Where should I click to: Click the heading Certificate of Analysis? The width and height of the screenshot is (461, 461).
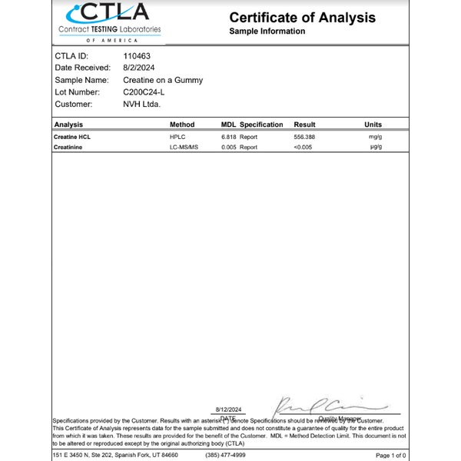point(302,17)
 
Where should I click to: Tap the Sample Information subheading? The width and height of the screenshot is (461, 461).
point(267,32)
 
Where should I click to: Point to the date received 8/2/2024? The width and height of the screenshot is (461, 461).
point(139,68)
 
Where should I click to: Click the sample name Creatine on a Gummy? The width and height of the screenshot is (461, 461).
point(163,80)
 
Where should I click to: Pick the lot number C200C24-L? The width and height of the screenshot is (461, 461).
point(144,91)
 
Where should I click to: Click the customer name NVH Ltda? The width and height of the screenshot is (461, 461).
point(141,104)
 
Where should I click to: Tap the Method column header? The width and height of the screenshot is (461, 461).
point(182,124)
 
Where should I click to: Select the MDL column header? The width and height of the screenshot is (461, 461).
point(228,124)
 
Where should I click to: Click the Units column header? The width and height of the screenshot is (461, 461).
point(373,124)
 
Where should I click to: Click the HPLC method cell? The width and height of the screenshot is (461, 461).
point(177,136)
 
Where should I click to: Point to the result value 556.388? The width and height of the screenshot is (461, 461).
point(305,136)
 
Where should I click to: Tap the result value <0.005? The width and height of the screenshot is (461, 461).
point(303,147)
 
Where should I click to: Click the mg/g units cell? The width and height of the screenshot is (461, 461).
point(375,136)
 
